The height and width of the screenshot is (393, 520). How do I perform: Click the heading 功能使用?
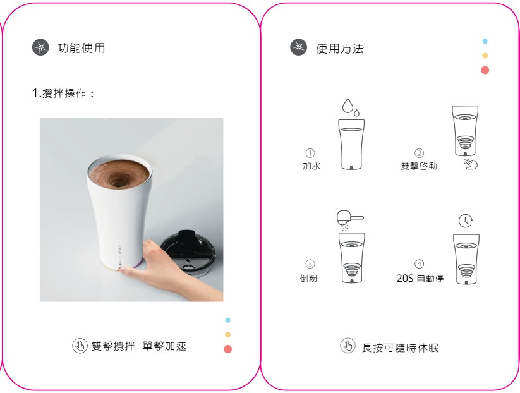[82, 48]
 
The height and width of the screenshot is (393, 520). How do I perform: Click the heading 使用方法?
[340, 49]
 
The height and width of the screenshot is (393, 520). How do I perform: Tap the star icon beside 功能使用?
[40, 47]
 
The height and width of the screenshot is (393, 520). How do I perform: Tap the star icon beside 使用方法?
[298, 47]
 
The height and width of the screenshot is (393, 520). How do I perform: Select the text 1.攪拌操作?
[63, 93]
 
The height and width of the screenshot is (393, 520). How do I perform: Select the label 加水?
[311, 166]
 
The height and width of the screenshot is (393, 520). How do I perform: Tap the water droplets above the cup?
[351, 107]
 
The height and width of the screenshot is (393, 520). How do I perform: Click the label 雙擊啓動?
[419, 166]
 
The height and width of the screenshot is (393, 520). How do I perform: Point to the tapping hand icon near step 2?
[470, 164]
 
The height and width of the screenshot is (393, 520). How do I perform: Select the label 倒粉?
[309, 278]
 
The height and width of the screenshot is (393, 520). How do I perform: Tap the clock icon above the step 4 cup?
[466, 221]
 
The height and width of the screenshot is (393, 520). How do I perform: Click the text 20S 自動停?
[420, 278]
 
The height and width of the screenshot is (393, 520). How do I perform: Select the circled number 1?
[310, 153]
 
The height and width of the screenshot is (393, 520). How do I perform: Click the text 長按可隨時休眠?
[401, 348]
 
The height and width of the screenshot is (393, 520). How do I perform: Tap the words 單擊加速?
[164, 346]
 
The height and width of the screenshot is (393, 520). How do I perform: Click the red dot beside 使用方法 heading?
[485, 70]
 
